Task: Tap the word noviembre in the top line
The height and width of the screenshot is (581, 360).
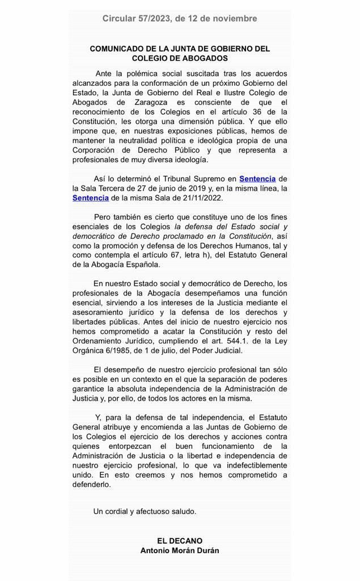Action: click(232, 19)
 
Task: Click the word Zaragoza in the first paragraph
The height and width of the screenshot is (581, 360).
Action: click(155, 102)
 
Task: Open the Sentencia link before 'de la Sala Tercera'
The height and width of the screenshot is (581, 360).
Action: click(257, 179)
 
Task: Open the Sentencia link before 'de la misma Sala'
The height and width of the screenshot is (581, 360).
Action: click(91, 197)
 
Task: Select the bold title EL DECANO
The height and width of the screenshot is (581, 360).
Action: click(180, 541)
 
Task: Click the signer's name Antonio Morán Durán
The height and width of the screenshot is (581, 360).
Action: click(180, 550)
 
